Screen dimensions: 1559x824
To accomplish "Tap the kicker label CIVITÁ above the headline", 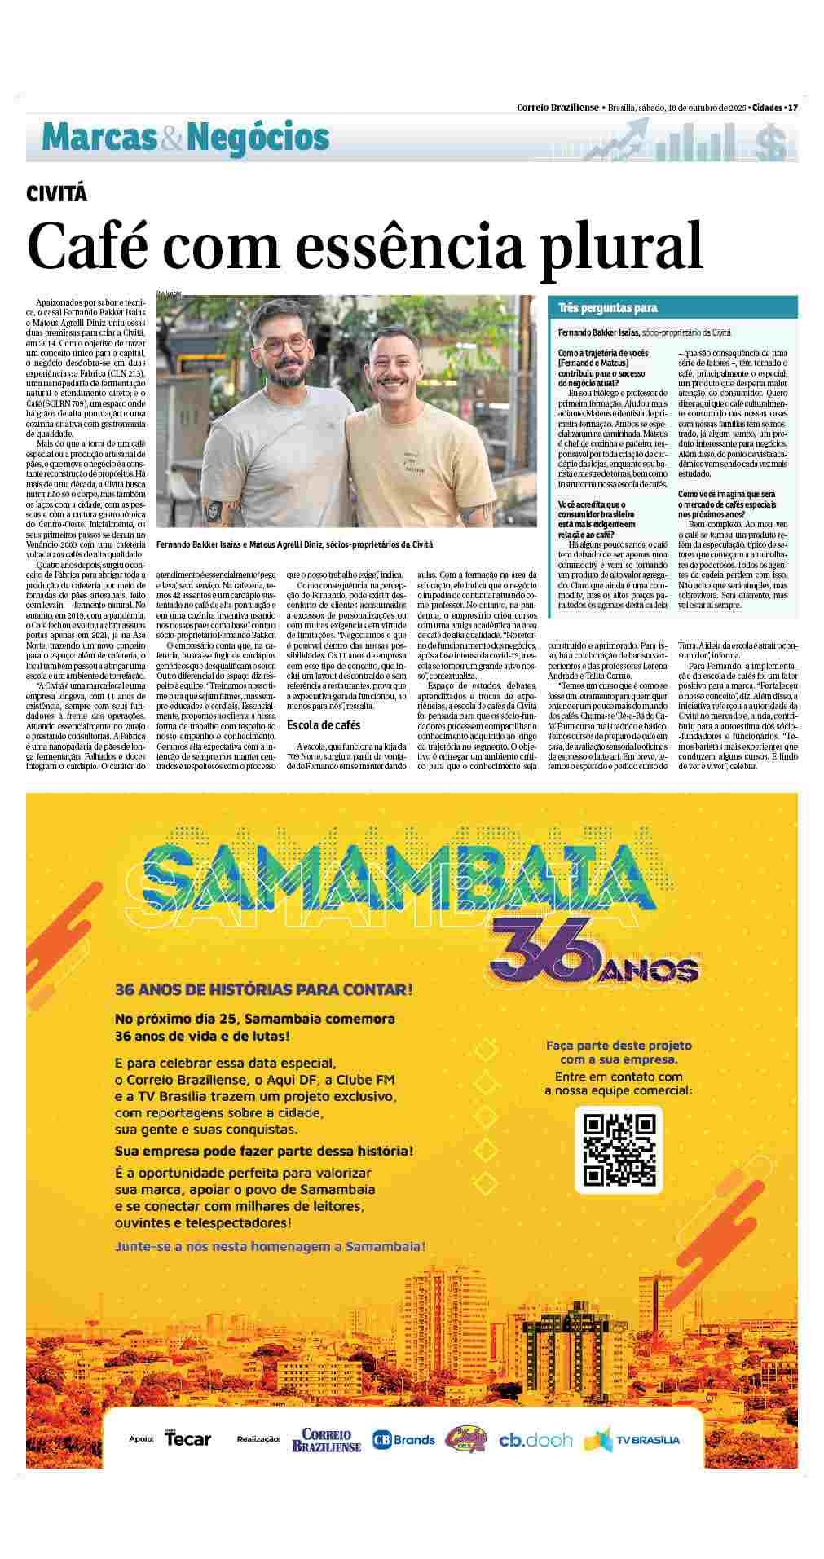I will [56, 194].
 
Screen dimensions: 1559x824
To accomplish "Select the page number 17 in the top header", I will [792, 108].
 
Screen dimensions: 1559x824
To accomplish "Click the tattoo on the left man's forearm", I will [214, 512].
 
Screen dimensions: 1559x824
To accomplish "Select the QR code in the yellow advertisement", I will [619, 1149].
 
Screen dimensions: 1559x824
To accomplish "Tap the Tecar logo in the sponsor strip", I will [187, 1438].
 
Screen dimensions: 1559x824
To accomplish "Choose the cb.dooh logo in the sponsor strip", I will [535, 1440].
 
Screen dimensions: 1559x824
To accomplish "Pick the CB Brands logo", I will [403, 1440].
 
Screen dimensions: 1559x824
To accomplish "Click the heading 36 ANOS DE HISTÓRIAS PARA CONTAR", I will [264, 989].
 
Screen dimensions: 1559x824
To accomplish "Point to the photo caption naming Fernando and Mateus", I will [294, 544].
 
